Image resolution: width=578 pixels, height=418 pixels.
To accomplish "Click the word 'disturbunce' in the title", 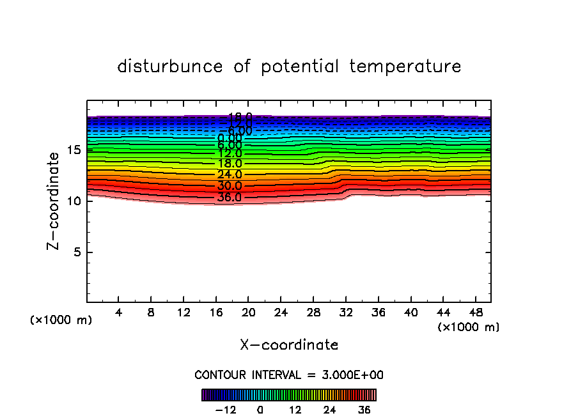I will coord(170,66).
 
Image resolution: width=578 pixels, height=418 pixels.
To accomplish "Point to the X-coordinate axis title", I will coord(289,345).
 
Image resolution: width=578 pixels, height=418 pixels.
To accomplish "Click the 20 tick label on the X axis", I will coord(249,313).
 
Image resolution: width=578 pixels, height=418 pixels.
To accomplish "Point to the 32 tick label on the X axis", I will coord(346,313).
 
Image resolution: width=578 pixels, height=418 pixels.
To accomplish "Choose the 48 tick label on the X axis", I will coord(475,313).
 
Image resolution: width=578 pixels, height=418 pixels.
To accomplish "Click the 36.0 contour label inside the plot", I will coord(230,197).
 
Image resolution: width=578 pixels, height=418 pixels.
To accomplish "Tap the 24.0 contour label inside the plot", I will coord(230,174).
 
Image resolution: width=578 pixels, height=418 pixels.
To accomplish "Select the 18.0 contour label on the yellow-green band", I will coord(230,164).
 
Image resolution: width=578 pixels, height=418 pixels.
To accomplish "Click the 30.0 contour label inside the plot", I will coord(230,186).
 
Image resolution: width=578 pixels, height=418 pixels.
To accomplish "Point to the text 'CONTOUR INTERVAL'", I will coord(246,375).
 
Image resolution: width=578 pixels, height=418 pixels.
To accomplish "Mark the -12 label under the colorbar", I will coord(225,410).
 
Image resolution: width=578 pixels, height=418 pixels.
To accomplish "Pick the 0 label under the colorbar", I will coord(260,410).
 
